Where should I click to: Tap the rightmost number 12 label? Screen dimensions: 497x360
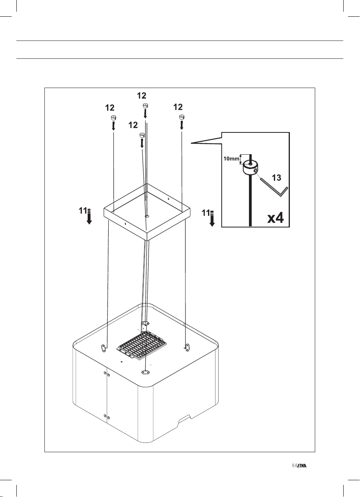point(178,107)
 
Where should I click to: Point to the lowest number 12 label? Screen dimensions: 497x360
point(134,125)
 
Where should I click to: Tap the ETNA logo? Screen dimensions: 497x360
point(299,466)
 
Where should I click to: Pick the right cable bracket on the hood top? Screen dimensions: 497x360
point(187,346)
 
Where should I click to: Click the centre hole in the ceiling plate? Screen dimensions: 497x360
point(147,215)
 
